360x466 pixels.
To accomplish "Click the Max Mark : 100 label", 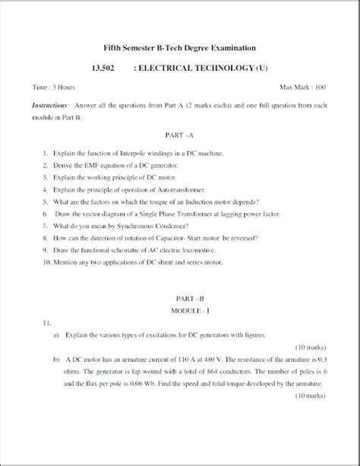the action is pyautogui.click(x=303, y=89).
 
